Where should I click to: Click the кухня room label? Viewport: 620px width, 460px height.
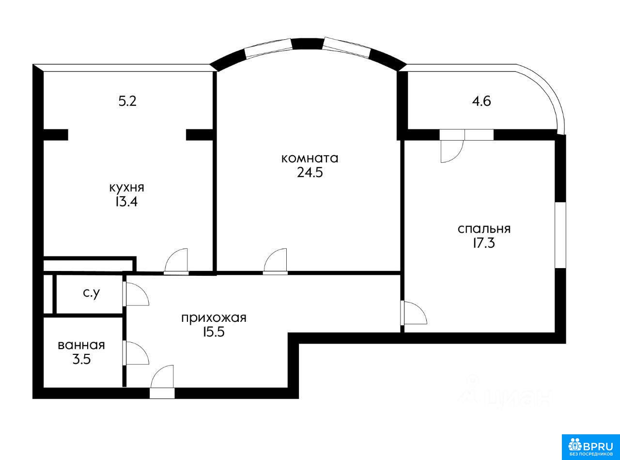126,188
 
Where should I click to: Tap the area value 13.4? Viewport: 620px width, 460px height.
126,202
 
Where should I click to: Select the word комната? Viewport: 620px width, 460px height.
310,159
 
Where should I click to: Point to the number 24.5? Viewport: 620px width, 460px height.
310,173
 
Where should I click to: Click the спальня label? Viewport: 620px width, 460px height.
484,229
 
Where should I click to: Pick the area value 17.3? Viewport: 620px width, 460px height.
484,243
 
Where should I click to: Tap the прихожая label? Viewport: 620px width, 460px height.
214,318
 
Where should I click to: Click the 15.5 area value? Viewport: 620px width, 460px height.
214,333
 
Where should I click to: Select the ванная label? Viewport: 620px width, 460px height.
81,346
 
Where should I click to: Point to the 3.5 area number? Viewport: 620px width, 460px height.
82,359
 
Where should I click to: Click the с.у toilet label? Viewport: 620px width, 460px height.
92,294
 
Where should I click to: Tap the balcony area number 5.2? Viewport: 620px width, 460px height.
127,101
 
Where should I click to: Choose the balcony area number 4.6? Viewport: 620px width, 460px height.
481,101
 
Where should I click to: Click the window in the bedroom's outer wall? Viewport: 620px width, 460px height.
560,235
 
